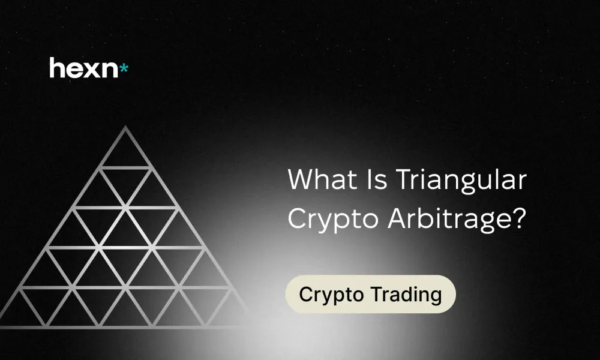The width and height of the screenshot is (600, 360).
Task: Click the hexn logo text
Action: click(84, 68)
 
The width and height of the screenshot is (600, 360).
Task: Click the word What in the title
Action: click(318, 179)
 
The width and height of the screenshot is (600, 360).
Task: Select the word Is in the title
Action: click(368, 179)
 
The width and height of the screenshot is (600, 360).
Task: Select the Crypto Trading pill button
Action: click(370, 295)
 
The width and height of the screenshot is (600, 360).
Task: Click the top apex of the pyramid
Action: click(125, 128)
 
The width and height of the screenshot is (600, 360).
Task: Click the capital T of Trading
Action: click(376, 294)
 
